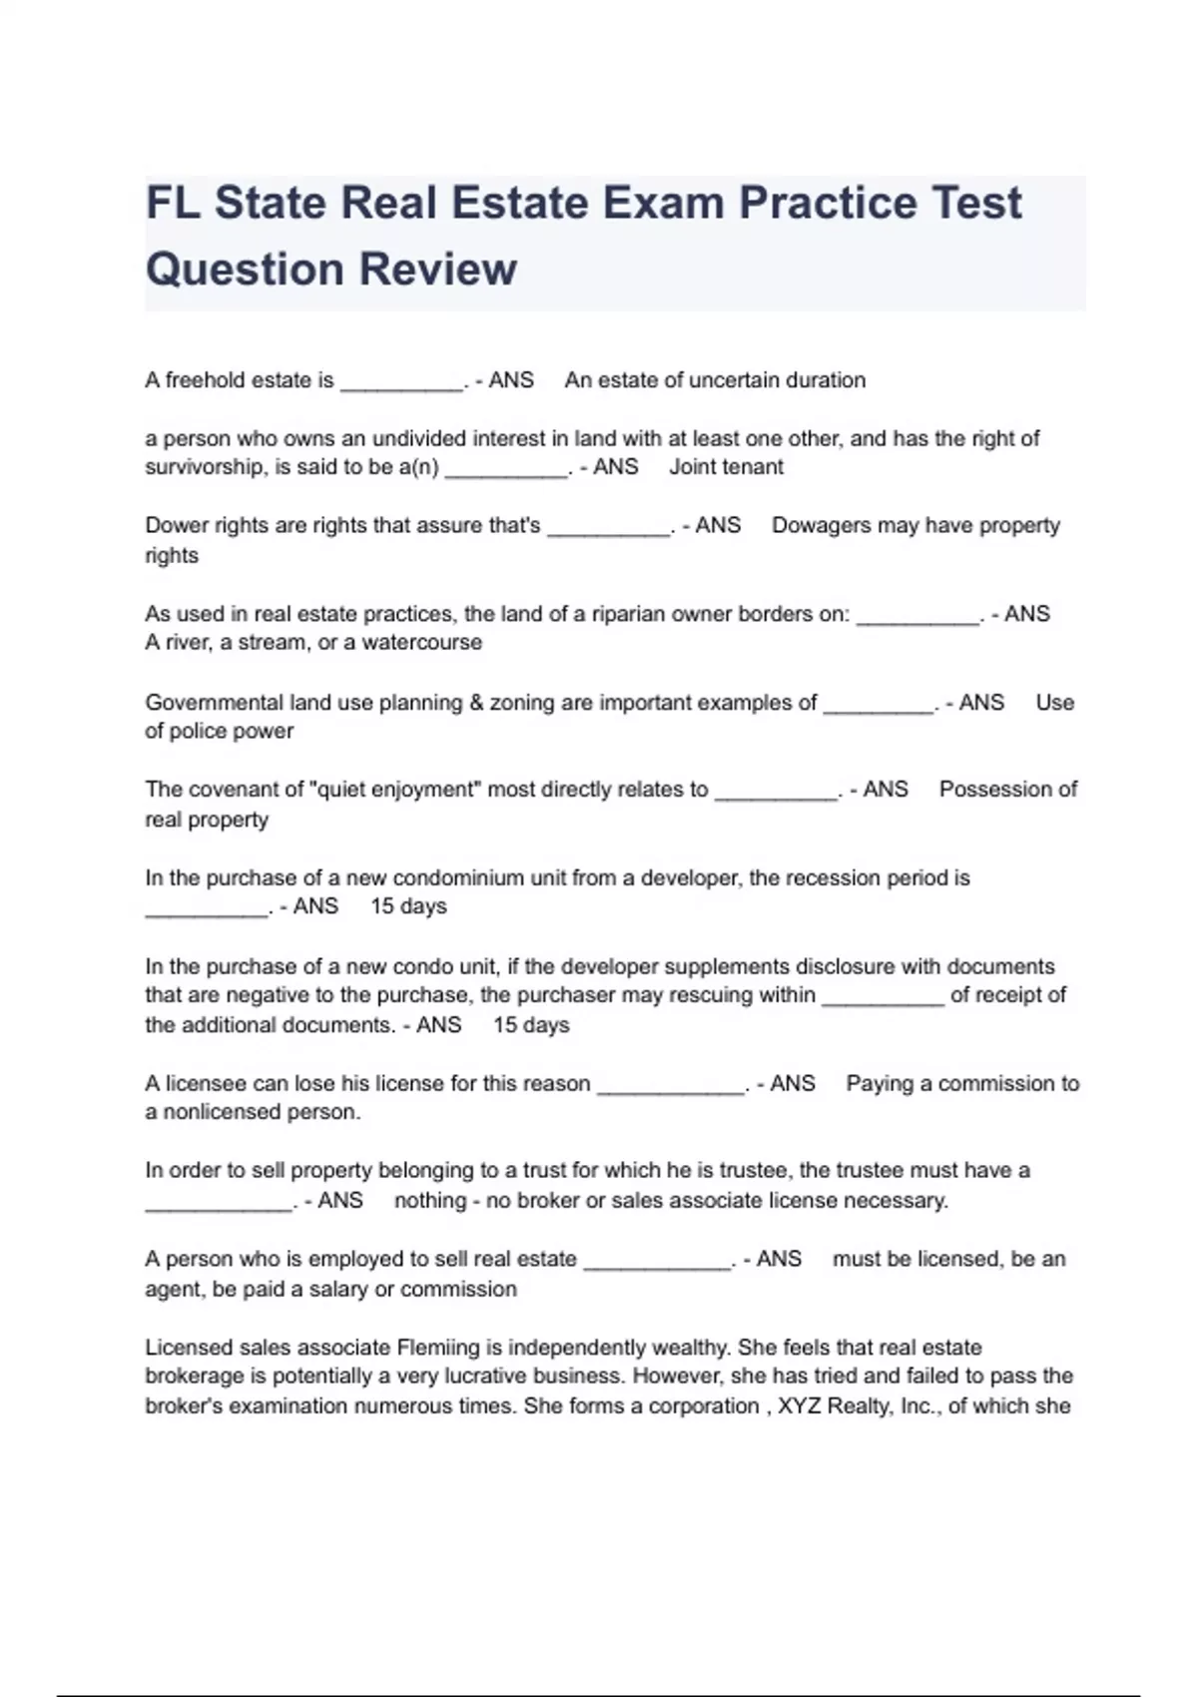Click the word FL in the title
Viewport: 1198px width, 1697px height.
coord(173,204)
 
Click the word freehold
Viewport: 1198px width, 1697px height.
coord(205,380)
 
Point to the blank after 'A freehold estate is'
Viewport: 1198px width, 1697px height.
coord(402,383)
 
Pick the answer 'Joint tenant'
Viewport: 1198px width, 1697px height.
coord(726,467)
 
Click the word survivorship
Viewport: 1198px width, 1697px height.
coord(205,467)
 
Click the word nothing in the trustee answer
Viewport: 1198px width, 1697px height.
coord(430,1201)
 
